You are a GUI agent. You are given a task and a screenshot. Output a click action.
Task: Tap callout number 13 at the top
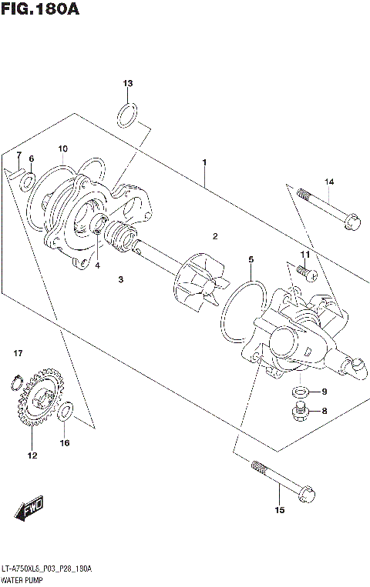(128, 83)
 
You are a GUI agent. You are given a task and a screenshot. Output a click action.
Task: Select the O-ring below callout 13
(128, 115)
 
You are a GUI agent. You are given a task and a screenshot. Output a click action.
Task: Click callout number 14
(328, 182)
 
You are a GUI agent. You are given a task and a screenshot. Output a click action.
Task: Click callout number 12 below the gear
(32, 455)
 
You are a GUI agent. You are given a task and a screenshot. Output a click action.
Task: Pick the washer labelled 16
(65, 412)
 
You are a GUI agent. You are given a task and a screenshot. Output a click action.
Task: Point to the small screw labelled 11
(301, 271)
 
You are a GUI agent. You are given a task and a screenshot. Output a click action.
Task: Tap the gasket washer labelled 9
(298, 392)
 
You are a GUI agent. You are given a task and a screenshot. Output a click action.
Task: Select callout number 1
(204, 162)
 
